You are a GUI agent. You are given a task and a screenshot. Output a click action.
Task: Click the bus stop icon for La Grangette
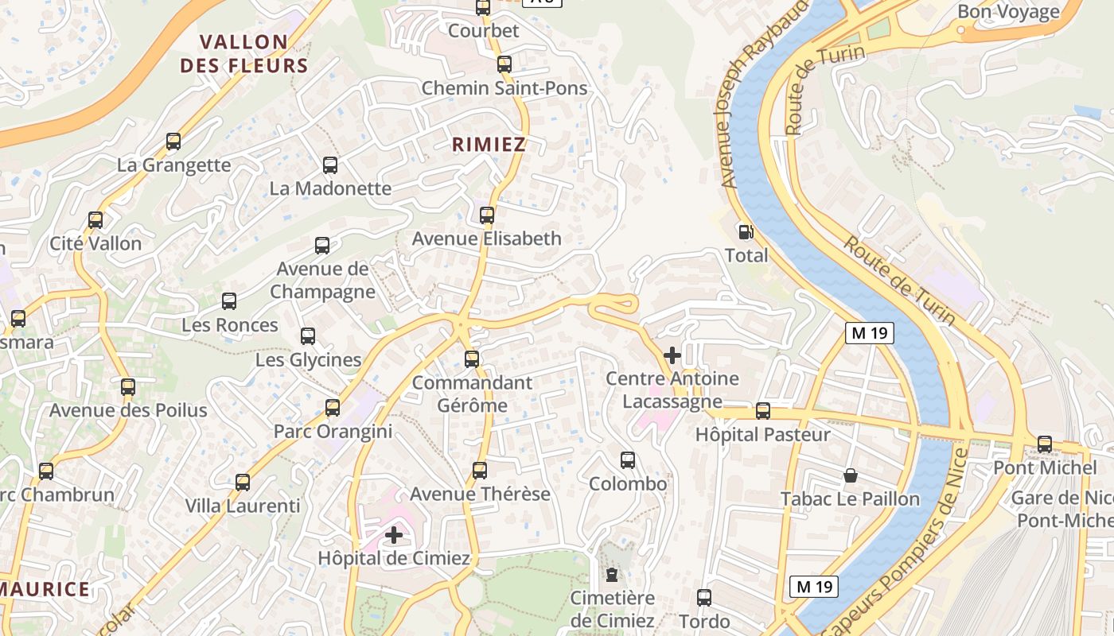173,142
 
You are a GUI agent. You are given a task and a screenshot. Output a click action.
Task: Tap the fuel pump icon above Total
746,231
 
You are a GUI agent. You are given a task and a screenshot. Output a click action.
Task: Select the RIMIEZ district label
489,144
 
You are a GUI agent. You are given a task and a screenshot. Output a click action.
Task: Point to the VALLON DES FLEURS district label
243,53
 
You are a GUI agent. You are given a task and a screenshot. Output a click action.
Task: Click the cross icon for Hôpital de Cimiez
394,535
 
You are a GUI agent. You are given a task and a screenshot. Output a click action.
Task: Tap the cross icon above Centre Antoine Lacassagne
672,355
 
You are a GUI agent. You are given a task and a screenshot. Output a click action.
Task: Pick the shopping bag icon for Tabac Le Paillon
851,475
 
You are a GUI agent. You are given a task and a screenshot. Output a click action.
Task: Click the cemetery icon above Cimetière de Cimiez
611,574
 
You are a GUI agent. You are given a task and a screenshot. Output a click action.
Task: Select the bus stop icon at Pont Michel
1045,444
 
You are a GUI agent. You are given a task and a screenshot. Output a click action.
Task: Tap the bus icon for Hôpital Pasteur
763,411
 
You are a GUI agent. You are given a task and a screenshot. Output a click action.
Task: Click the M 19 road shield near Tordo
815,587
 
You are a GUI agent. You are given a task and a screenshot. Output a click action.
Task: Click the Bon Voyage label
1008,12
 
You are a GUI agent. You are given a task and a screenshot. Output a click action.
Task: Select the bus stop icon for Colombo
628,460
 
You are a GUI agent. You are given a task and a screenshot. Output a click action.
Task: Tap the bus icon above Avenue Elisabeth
487,215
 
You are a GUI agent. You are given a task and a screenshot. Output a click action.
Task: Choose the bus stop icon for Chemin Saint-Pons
504,64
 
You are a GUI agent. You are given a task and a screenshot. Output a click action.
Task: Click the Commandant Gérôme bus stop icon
472,359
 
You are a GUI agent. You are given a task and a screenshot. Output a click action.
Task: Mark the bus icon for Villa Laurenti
243,482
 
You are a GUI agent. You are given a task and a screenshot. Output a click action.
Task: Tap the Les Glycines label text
308,359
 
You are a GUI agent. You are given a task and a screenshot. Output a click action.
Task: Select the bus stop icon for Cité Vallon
95,220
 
